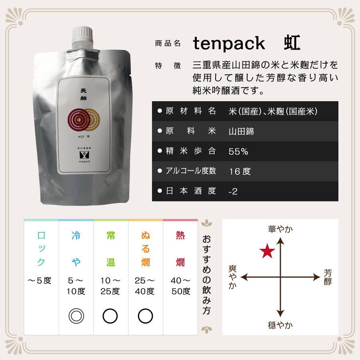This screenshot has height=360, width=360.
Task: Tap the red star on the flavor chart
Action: pos(267,252)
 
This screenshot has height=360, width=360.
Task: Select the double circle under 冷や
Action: pos(76,316)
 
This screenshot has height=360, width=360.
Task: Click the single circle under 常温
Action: pos(110,316)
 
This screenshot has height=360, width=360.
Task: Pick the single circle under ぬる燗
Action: pos(145,316)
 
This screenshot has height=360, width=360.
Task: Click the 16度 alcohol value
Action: pos(240,171)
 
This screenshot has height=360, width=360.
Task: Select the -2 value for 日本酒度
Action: pos(233,191)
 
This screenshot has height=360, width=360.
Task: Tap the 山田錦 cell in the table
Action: pos(241,131)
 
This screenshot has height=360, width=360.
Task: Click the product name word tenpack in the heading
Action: pos(229,43)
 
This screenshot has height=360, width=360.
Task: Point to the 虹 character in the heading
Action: pos(292,43)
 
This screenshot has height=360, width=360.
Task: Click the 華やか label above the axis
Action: pos(280,229)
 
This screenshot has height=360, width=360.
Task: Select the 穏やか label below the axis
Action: pos(280,325)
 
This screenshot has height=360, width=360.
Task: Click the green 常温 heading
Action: pos(110,249)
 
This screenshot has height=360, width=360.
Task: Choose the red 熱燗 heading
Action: pos(180,249)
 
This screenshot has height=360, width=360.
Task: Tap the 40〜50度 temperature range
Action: pos(181,286)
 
